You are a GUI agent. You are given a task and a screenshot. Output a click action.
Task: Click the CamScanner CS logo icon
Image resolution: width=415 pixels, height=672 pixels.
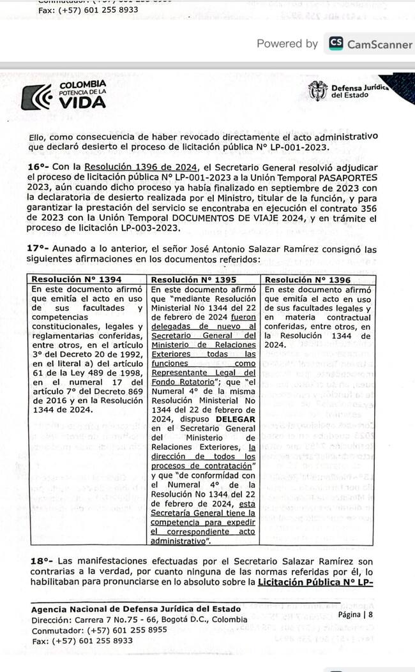click(336, 44)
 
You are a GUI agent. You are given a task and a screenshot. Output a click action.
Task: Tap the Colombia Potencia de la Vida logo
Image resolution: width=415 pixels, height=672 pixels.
click(64, 94)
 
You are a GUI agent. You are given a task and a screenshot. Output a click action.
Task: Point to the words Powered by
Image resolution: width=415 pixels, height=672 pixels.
click(287, 44)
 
